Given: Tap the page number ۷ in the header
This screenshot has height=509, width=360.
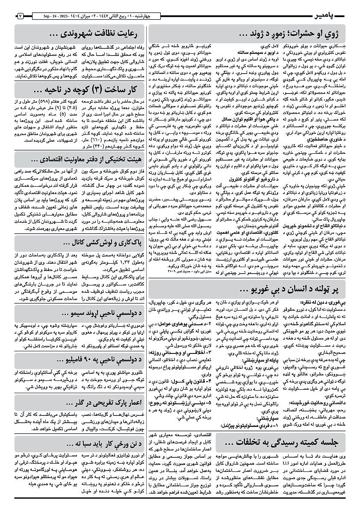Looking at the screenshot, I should (20, 16).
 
